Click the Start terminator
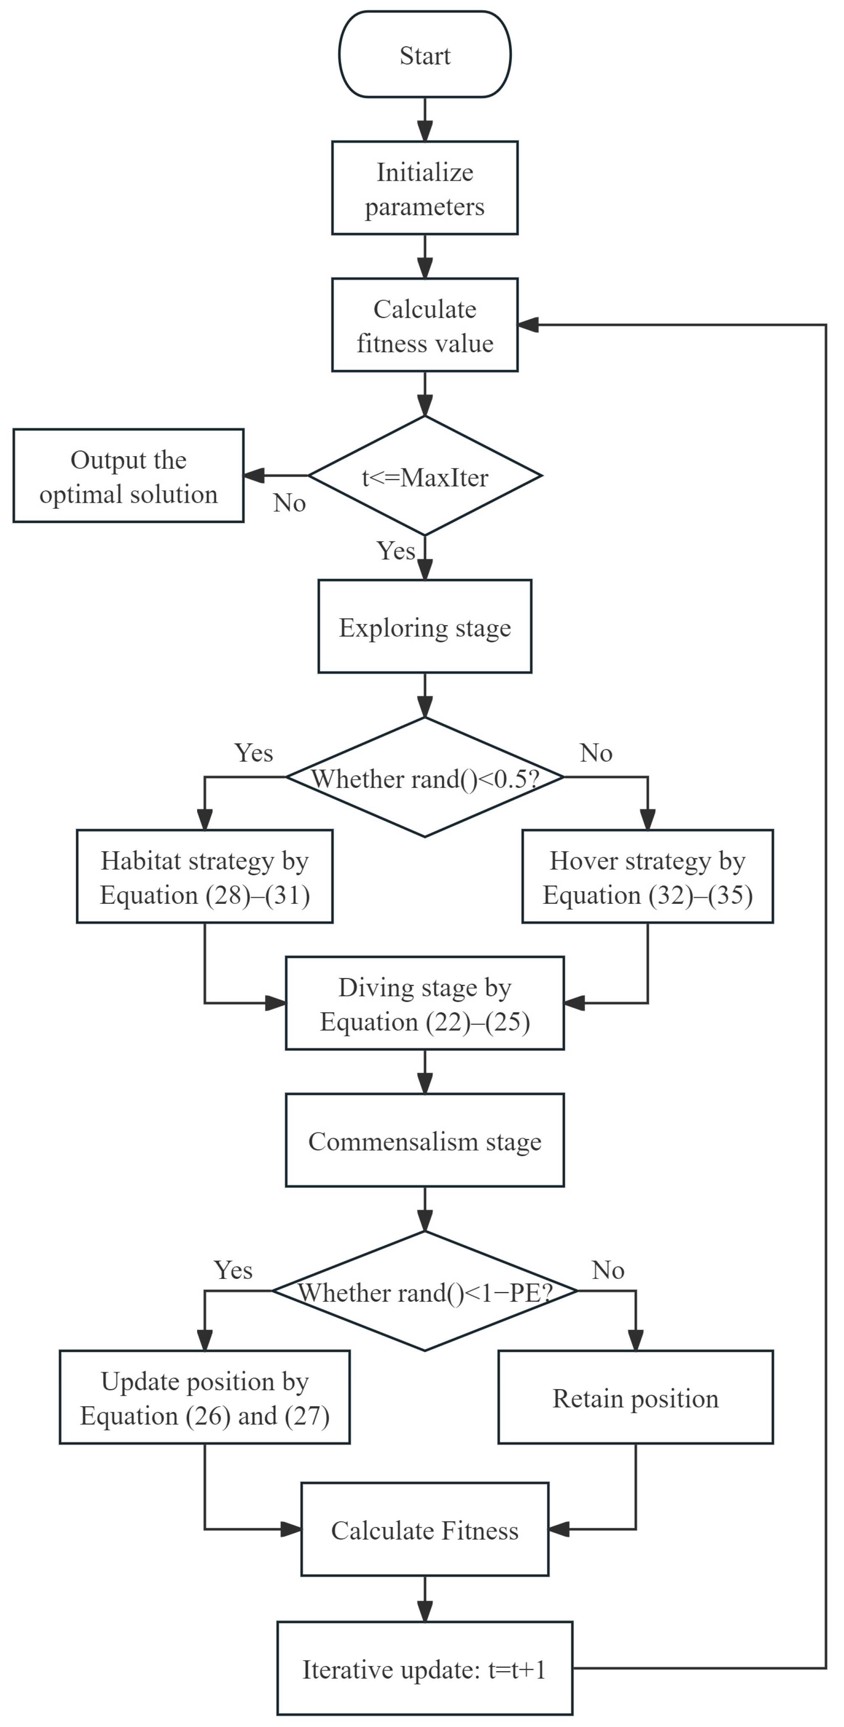pos(425,54)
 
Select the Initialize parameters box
pos(425,188)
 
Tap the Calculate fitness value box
pos(425,325)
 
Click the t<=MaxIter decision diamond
pos(425,475)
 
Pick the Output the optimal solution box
pos(129,475)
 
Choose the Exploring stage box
pos(425,626)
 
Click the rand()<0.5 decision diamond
pos(425,777)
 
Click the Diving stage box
pos(425,1003)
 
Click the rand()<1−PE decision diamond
pos(425,1291)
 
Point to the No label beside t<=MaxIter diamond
pos(290,503)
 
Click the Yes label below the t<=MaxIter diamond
pos(396,550)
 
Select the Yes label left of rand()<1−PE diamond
pos(233,1270)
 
